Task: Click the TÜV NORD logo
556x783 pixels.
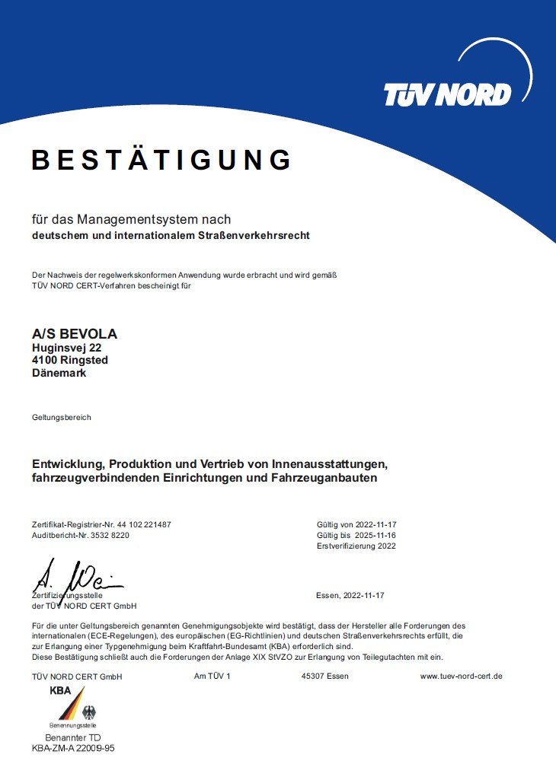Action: pyautogui.click(x=447, y=94)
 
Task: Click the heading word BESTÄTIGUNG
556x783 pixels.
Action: pyautogui.click(x=161, y=161)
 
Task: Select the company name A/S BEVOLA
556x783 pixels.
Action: pyautogui.click(x=75, y=334)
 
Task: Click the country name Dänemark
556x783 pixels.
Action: pyautogui.click(x=59, y=374)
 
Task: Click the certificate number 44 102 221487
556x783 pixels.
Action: pyautogui.click(x=144, y=525)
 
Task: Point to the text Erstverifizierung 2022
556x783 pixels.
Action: pyautogui.click(x=357, y=546)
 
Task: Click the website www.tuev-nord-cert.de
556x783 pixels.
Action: pyautogui.click(x=462, y=676)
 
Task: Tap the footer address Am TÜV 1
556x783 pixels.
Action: pyautogui.click(x=212, y=676)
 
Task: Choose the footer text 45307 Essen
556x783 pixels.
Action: pyautogui.click(x=325, y=676)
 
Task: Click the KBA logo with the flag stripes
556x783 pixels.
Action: pyautogui.click(x=73, y=705)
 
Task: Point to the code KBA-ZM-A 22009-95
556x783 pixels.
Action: pyautogui.click(x=73, y=748)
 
